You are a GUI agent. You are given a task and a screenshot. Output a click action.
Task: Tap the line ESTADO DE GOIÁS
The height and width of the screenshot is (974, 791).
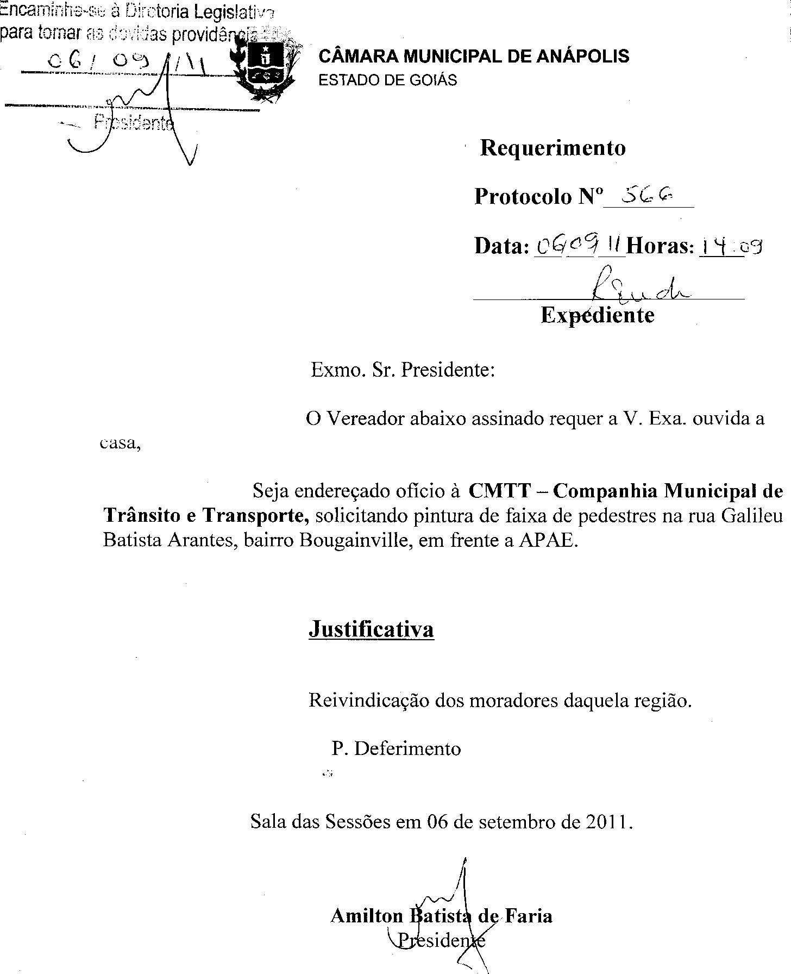click(387, 80)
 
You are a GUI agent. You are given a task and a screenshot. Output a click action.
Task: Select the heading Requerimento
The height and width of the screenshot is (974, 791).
click(553, 148)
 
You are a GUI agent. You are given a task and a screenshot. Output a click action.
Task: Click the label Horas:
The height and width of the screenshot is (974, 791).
click(660, 246)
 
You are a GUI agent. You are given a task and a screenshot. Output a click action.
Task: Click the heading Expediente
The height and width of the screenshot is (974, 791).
click(598, 315)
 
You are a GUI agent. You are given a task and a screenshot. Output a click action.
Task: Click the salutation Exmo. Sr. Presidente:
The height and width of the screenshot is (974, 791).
click(403, 370)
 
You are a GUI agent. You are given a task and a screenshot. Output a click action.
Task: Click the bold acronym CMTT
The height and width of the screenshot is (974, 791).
click(499, 491)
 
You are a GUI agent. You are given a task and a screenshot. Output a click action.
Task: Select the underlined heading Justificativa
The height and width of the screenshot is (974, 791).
click(371, 629)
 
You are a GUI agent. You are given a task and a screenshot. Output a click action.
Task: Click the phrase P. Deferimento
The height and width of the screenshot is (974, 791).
click(396, 749)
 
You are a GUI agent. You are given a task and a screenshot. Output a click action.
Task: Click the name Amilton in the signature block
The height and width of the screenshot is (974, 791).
click(367, 916)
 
